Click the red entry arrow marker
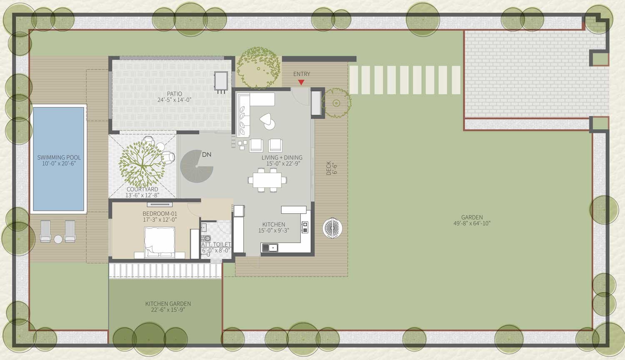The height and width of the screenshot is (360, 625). click(301, 82)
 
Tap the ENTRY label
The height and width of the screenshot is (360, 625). click(302, 74)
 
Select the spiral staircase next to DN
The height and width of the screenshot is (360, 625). click(196, 166)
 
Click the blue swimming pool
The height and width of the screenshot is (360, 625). click(59, 159)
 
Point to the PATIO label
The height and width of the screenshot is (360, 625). click(175, 94)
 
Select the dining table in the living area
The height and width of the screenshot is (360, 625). click(267, 180)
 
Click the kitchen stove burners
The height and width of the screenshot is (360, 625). click(305, 227)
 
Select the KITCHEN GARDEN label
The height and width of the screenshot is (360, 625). click(168, 304)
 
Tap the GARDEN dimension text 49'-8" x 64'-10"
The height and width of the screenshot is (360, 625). click(472, 223)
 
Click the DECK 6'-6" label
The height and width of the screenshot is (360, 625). click(332, 168)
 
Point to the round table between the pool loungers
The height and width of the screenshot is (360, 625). click(58, 240)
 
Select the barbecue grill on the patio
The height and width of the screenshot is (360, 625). click(221, 82)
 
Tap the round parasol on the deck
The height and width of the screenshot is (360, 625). click(332, 228)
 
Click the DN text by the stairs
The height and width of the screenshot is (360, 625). click(207, 155)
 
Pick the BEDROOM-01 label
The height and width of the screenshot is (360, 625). click(160, 214)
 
